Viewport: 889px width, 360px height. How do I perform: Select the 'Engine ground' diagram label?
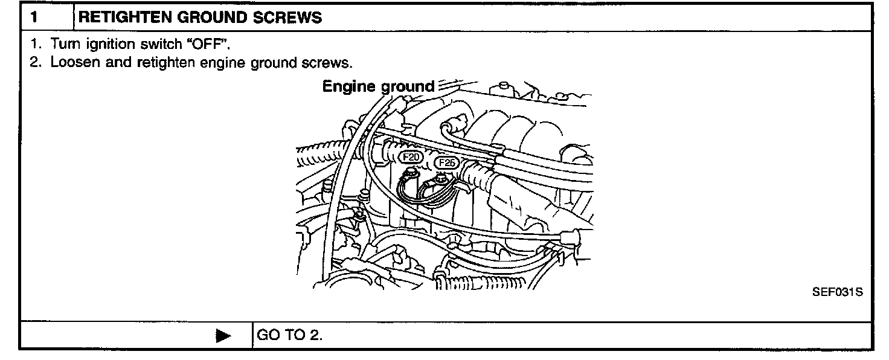(378, 86)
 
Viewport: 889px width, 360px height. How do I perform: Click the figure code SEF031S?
(838, 292)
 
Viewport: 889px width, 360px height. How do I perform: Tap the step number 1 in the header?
(35, 18)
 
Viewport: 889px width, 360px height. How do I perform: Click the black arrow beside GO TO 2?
(223, 336)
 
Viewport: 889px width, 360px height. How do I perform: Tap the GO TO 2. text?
(290, 335)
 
